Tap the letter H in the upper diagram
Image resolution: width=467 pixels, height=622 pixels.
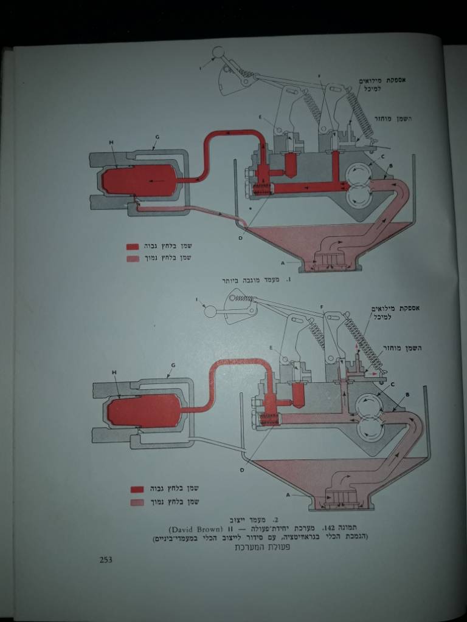112,143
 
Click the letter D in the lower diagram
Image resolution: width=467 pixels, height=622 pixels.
242,470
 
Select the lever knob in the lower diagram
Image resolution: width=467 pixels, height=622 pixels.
210,312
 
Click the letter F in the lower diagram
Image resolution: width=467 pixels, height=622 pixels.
320,308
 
